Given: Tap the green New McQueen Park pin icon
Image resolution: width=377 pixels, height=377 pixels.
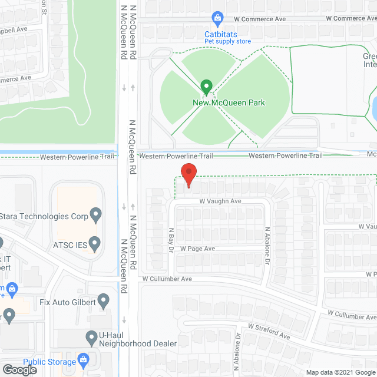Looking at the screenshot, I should tap(206, 87).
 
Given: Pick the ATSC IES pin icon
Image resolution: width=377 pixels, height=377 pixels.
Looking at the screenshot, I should tap(94, 242).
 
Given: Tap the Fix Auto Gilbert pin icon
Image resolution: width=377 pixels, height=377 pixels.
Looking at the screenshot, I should tap(104, 301).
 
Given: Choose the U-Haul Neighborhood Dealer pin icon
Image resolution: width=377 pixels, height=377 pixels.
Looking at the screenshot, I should tap(91, 338).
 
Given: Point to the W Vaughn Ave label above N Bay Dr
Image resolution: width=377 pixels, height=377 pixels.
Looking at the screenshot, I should tap(220, 201).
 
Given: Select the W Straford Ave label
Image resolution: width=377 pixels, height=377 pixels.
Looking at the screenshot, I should tap(269, 332).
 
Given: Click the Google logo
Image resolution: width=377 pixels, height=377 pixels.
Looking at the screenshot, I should tap(18, 369).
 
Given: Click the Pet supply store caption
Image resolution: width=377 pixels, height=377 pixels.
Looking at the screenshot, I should tap(227, 41).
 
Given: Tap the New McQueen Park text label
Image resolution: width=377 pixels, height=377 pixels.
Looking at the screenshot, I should tap(229, 103).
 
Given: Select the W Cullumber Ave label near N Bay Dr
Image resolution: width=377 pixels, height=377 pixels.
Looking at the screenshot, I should tap(167, 279).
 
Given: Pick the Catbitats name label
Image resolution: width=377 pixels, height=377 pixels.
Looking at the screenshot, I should tap(221, 34).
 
